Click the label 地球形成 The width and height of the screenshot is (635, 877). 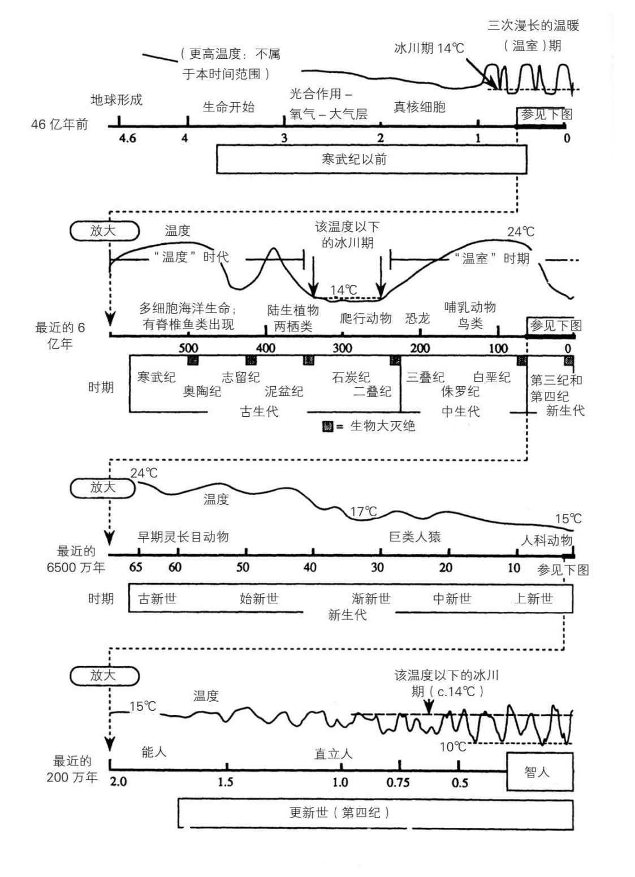116,100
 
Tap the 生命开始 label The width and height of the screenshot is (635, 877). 228,106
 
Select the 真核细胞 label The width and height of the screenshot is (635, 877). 420,106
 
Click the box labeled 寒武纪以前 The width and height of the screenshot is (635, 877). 372,159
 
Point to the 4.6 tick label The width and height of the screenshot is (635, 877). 128,139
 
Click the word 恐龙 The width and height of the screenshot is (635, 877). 417,318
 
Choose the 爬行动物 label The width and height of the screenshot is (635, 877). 365,318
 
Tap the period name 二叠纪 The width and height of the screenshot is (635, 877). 372,391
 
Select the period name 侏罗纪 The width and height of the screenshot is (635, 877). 460,391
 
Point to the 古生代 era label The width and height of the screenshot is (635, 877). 259,411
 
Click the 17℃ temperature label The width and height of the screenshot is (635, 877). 363,512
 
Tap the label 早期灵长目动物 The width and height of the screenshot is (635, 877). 183,537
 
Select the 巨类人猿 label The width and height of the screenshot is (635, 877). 415,537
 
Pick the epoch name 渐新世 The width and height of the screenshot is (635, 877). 371,598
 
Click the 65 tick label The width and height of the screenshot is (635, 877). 136,567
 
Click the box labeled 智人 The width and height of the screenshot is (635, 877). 539,771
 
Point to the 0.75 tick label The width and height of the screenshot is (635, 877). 398,783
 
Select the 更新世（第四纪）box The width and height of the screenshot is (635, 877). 375,813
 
